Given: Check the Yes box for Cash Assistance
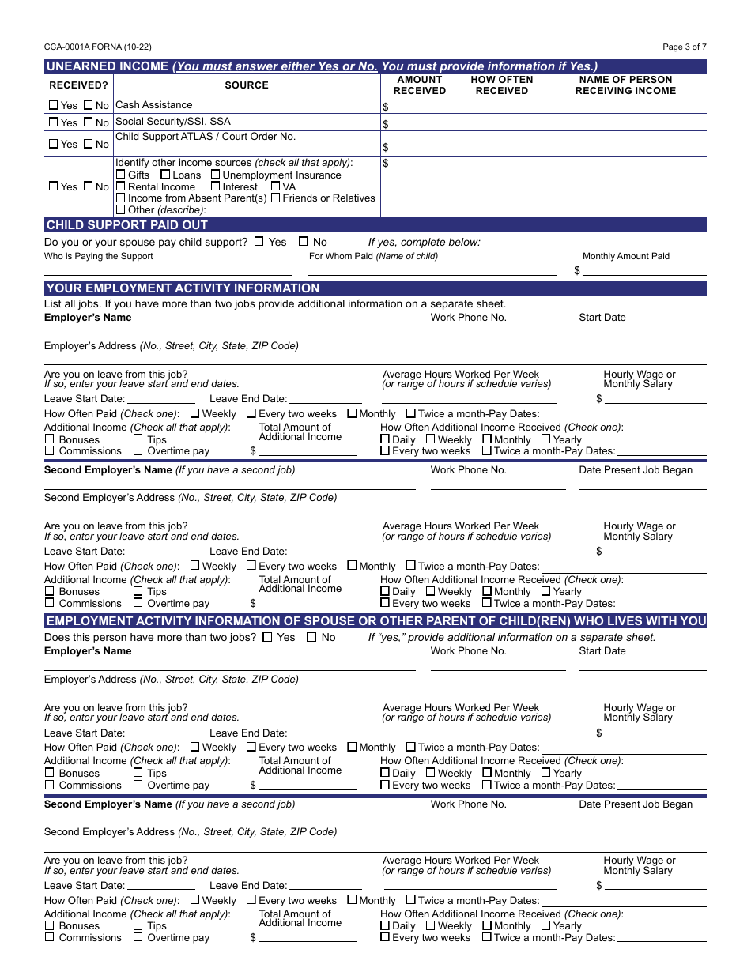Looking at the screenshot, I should pos(53,105).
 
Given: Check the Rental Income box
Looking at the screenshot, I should pos(121,186).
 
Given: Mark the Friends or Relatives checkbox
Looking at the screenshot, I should pos(275,198).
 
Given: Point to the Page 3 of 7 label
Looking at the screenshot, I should pos(684,47).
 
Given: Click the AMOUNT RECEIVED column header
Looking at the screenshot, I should pos(419,85).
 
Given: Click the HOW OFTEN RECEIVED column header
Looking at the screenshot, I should pos(501,85).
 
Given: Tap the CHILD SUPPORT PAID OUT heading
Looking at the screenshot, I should pos(126,225).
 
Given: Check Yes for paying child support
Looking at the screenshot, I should pos(259,242).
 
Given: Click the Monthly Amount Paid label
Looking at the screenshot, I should pos(625,256).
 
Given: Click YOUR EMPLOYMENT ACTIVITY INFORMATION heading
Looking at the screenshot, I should pos(183,288).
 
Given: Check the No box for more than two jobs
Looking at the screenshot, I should pos(311,637).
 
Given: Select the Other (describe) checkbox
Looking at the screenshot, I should pos(121,210).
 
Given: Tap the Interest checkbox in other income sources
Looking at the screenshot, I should pos(215,186).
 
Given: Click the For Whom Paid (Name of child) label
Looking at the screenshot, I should pos(373,256).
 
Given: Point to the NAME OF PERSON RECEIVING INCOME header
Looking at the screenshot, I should pos(625,85).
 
